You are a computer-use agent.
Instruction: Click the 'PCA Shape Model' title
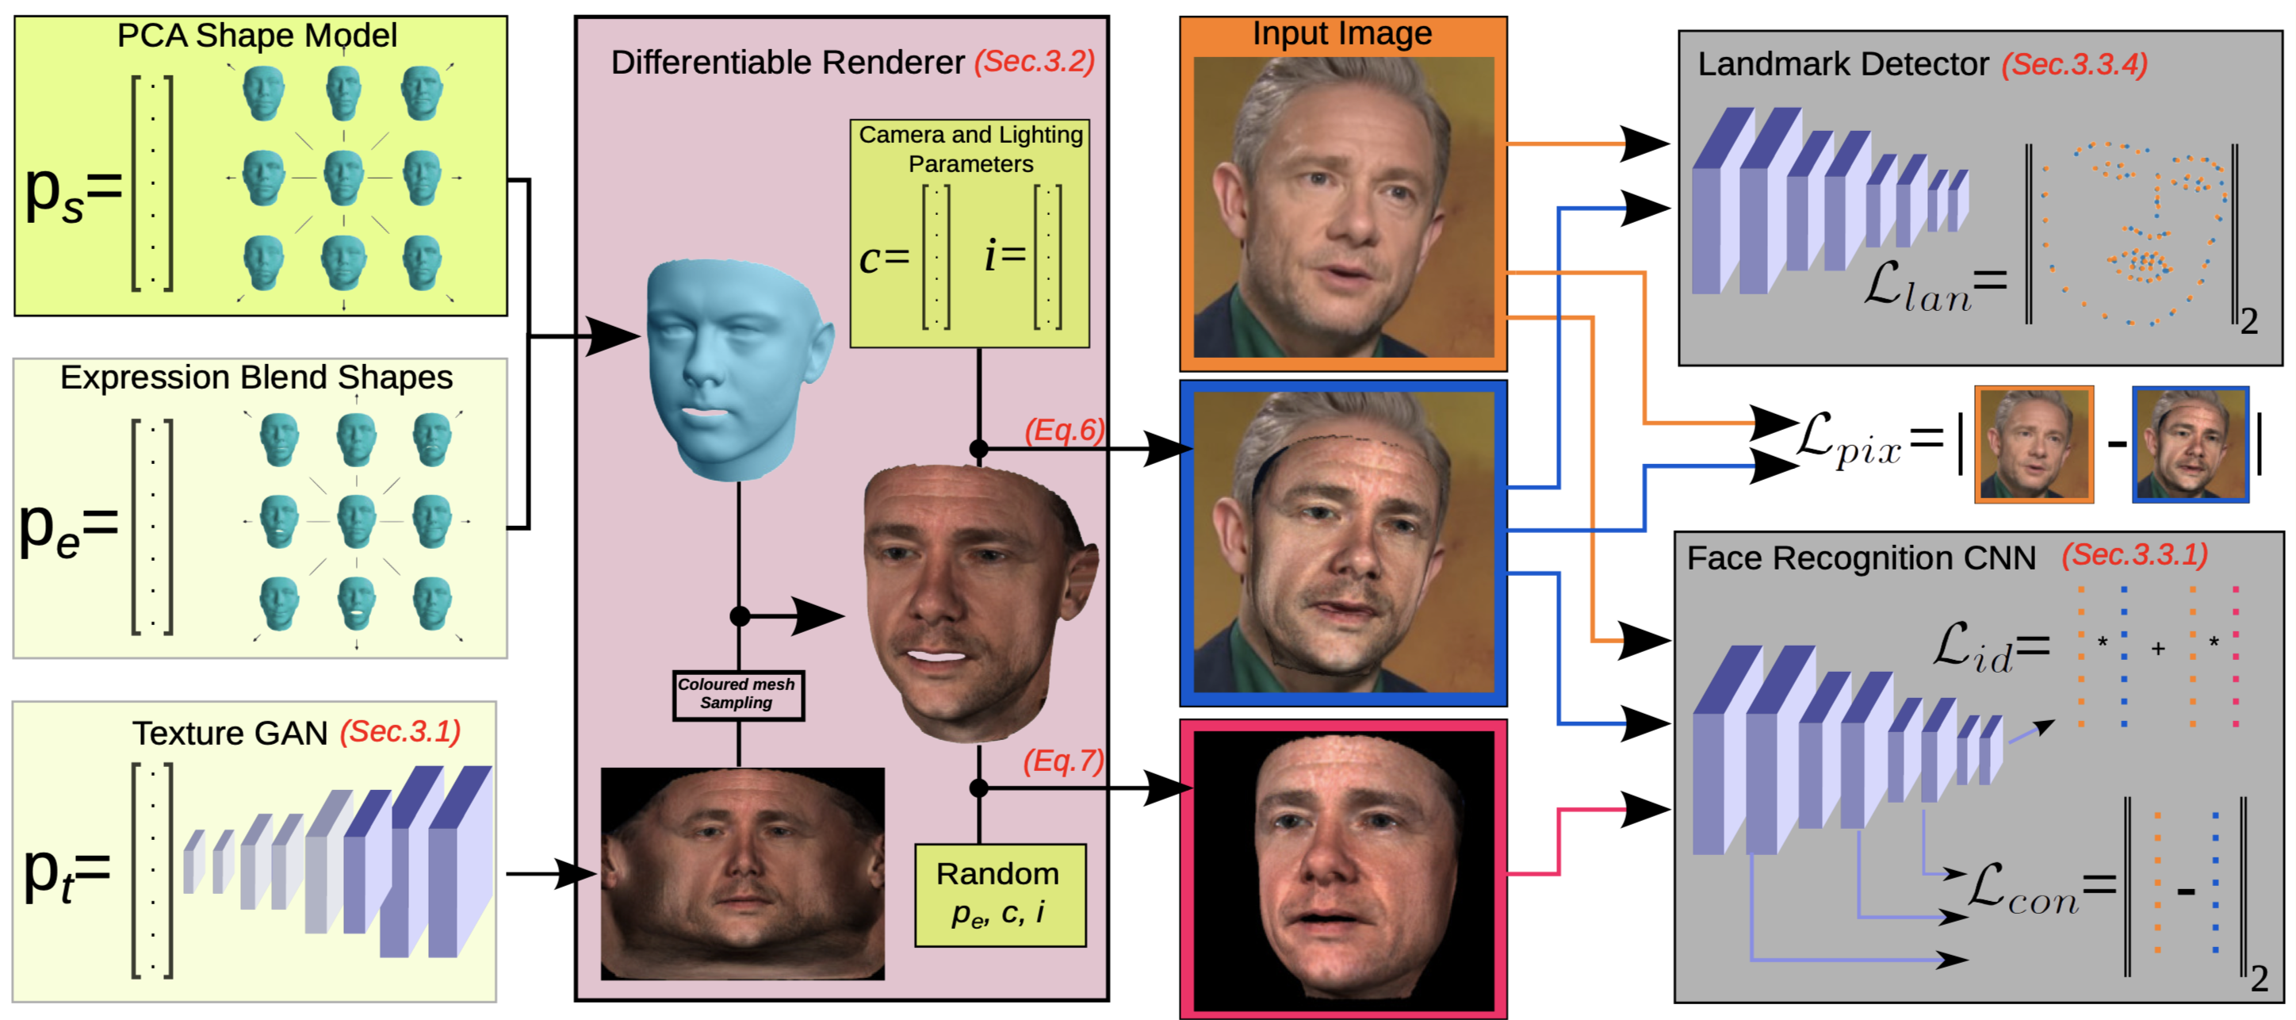point(257,36)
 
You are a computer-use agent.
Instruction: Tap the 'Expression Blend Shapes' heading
point(257,378)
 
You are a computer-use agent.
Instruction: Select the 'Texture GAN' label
point(230,733)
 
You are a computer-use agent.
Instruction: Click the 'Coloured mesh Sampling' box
point(737,694)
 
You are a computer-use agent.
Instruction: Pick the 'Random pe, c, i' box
point(999,893)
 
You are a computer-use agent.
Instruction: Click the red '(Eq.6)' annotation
point(1063,430)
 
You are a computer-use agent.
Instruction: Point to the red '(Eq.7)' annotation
point(1063,761)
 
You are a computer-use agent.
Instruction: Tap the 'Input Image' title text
point(1341,34)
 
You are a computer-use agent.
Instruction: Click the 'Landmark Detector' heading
point(1843,64)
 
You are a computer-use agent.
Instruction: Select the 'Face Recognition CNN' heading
point(1861,558)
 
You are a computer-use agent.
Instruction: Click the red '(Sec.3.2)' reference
point(1034,62)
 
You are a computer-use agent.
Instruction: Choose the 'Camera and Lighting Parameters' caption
point(970,149)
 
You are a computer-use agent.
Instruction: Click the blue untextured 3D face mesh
point(733,366)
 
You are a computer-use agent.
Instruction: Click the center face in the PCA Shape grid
point(343,175)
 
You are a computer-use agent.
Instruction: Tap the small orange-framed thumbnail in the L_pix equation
point(2033,443)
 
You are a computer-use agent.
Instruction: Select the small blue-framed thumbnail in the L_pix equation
point(2190,443)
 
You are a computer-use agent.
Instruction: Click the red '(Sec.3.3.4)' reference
point(2074,64)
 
